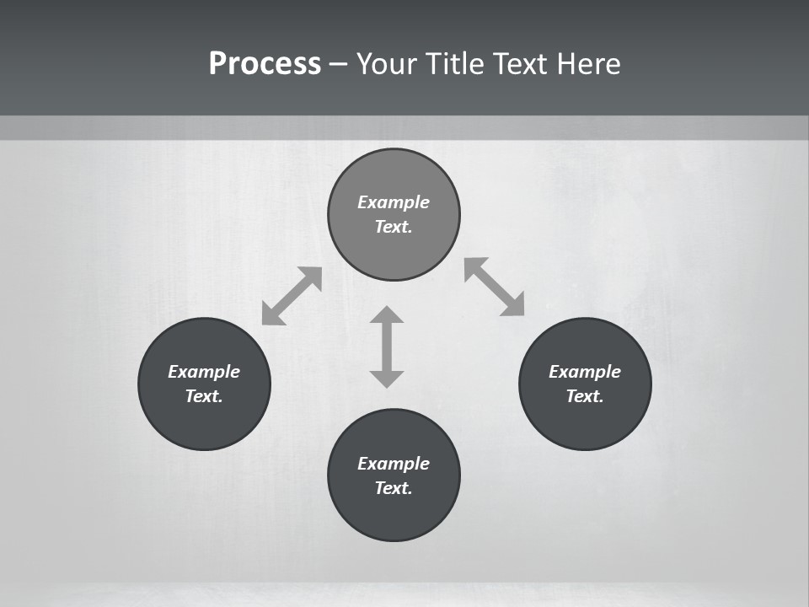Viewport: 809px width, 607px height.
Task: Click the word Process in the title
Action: point(265,64)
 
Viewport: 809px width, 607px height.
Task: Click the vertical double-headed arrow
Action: point(387,346)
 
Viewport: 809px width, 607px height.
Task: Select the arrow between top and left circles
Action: point(292,296)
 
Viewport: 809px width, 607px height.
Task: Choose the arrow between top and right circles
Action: point(495,287)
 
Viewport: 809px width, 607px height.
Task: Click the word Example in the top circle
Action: point(394,202)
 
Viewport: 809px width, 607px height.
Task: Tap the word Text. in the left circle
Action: point(204,396)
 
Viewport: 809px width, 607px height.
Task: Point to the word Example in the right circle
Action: point(585,372)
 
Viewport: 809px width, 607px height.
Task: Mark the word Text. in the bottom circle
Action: point(394,488)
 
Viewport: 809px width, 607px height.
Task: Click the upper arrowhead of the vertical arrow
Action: point(387,314)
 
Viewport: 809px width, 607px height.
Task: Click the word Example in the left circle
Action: point(204,372)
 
